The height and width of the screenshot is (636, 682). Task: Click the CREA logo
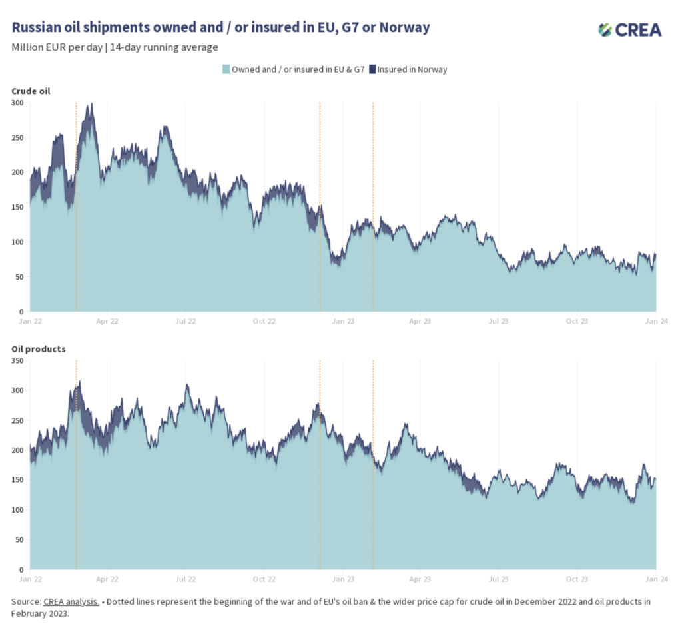[629, 29]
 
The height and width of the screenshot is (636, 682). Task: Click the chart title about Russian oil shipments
[220, 27]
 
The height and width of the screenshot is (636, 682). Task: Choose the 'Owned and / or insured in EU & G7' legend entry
[298, 69]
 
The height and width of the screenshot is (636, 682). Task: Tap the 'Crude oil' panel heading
[31, 91]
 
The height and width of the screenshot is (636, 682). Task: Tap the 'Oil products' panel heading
[39, 348]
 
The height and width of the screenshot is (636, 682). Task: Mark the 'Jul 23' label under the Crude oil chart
[499, 321]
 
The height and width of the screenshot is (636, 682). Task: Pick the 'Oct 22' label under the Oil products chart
[264, 579]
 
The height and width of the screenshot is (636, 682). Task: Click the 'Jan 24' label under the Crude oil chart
[656, 321]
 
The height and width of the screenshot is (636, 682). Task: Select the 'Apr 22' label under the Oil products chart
[107, 579]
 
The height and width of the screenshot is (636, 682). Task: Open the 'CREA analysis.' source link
[71, 602]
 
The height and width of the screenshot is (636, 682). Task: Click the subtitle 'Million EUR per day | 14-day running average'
[115, 47]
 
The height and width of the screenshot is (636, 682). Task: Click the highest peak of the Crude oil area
[91, 105]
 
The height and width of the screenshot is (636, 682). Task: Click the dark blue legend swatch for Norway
[373, 69]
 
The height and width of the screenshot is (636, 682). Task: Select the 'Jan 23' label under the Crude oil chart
[343, 321]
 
